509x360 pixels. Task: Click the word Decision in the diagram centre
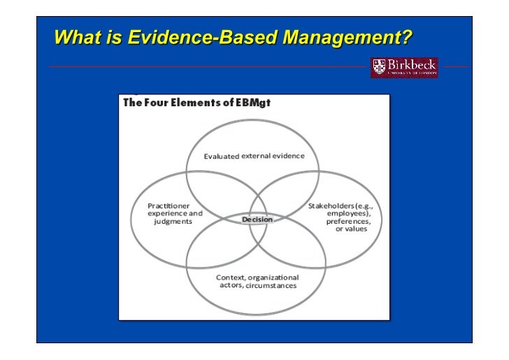257,219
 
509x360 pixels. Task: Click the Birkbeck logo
404,67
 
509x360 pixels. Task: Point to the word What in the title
76,35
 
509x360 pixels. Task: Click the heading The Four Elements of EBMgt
196,103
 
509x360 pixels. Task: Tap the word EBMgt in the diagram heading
252,103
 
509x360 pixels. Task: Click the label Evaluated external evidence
254,156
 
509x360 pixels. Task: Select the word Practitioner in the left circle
169,206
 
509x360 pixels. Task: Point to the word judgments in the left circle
173,221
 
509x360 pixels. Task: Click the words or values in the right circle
351,229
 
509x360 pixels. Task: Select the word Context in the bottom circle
230,278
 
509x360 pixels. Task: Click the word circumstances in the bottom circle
273,285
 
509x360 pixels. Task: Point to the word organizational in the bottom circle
274,278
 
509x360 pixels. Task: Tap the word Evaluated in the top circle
221,156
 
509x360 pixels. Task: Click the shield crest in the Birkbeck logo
380,67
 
